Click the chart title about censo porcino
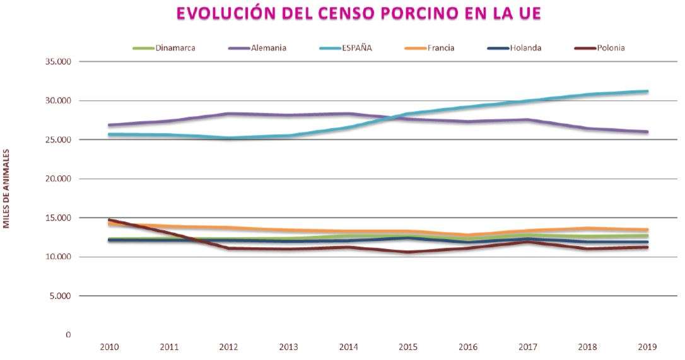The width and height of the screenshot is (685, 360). click(358, 13)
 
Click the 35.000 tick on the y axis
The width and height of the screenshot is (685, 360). click(57, 62)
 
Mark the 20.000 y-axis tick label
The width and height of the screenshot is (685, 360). click(57, 179)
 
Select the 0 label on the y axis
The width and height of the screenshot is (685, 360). click(68, 335)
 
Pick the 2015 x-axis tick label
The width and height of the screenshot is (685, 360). click(408, 346)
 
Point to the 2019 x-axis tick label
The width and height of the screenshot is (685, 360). click(647, 346)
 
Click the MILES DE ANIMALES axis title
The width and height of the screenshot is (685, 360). click(6, 188)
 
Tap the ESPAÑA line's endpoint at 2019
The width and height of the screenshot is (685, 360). click(647, 91)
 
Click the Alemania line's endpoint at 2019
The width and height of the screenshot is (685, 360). click(647, 132)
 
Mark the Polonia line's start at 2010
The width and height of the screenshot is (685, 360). click(109, 219)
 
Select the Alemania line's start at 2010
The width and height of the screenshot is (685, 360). click(109, 125)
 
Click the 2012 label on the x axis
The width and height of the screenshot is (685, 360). click(228, 346)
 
